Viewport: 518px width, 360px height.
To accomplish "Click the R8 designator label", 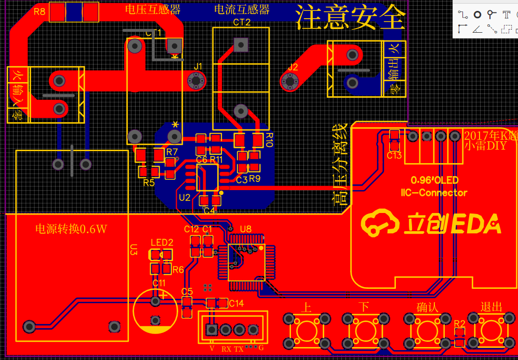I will pyautogui.click(x=39, y=11).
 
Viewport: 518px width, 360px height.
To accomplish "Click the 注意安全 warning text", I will pyautogui.click(x=350, y=17).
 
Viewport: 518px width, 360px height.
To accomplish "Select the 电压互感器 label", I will pyautogui.click(x=153, y=9).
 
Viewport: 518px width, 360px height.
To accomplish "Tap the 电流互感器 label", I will pyautogui.click(x=242, y=9).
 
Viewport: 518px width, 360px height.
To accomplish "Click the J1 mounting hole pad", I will pyautogui.click(x=196, y=81).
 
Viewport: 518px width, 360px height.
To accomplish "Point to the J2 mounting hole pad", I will pyautogui.click(x=289, y=81).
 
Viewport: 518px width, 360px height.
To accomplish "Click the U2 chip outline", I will pyautogui.click(x=207, y=178).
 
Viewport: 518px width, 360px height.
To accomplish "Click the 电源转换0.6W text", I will pyautogui.click(x=71, y=229).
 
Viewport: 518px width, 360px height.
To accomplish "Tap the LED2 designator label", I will pyautogui.click(x=162, y=243).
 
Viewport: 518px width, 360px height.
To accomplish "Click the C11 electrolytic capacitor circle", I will pyautogui.click(x=155, y=311).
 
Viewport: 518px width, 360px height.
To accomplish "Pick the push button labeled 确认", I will pyautogui.click(x=427, y=329).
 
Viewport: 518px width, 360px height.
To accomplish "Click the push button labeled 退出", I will pyautogui.click(x=491, y=329).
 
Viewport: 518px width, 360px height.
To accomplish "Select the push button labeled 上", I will pyautogui.click(x=307, y=329).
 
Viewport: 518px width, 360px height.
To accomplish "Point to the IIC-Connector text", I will pyautogui.click(x=434, y=193).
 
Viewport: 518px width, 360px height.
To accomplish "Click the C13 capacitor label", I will pyautogui.click(x=394, y=155).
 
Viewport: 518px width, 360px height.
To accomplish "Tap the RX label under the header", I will pyautogui.click(x=227, y=349).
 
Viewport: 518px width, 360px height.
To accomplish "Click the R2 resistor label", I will pyautogui.click(x=459, y=324).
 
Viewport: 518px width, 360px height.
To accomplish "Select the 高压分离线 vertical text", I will pyautogui.click(x=340, y=165).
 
